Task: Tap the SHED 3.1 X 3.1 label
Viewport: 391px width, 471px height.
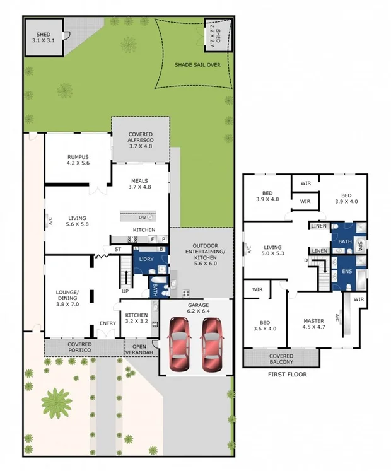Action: (x=44, y=37)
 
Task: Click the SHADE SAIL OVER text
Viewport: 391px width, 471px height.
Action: (x=197, y=64)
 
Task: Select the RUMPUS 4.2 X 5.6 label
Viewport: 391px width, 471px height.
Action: (x=78, y=161)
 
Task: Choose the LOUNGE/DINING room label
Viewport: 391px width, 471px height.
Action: (x=67, y=296)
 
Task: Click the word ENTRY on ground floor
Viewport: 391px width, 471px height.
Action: (x=108, y=324)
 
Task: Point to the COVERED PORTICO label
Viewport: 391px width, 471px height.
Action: (x=79, y=347)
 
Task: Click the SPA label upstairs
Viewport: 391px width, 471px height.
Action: (x=361, y=243)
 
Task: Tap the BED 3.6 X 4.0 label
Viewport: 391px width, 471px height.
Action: (x=265, y=323)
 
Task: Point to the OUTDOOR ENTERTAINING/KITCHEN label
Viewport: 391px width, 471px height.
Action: (x=201, y=255)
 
